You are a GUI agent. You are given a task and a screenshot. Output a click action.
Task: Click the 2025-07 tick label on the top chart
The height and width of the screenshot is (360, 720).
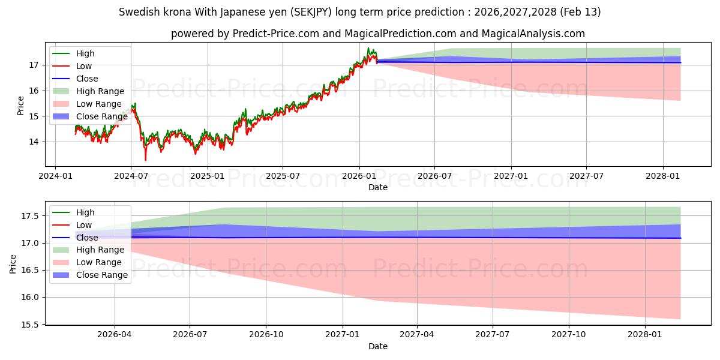(283, 176)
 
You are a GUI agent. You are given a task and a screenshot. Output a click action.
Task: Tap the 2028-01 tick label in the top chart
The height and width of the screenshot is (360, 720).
(663, 176)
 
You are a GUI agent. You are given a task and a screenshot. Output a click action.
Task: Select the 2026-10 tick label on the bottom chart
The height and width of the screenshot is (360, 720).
(266, 335)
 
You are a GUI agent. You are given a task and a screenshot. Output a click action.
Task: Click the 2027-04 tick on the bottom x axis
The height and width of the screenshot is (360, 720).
(417, 335)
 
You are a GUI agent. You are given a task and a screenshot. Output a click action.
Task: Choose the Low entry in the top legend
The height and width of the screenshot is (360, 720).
(85, 66)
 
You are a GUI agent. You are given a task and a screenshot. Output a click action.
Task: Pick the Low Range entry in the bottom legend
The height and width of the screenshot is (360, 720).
(100, 262)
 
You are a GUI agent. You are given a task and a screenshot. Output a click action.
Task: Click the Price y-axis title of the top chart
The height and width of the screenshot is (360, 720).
(21, 106)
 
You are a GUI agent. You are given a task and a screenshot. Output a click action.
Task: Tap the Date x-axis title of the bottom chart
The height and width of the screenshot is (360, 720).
(378, 346)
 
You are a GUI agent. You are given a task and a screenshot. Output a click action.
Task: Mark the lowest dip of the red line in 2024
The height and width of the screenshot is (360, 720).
(145, 160)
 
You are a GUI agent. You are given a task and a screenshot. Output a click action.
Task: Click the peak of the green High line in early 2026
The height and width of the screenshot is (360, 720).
(368, 48)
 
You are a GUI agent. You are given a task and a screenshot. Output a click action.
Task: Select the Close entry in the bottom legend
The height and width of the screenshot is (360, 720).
(87, 238)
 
